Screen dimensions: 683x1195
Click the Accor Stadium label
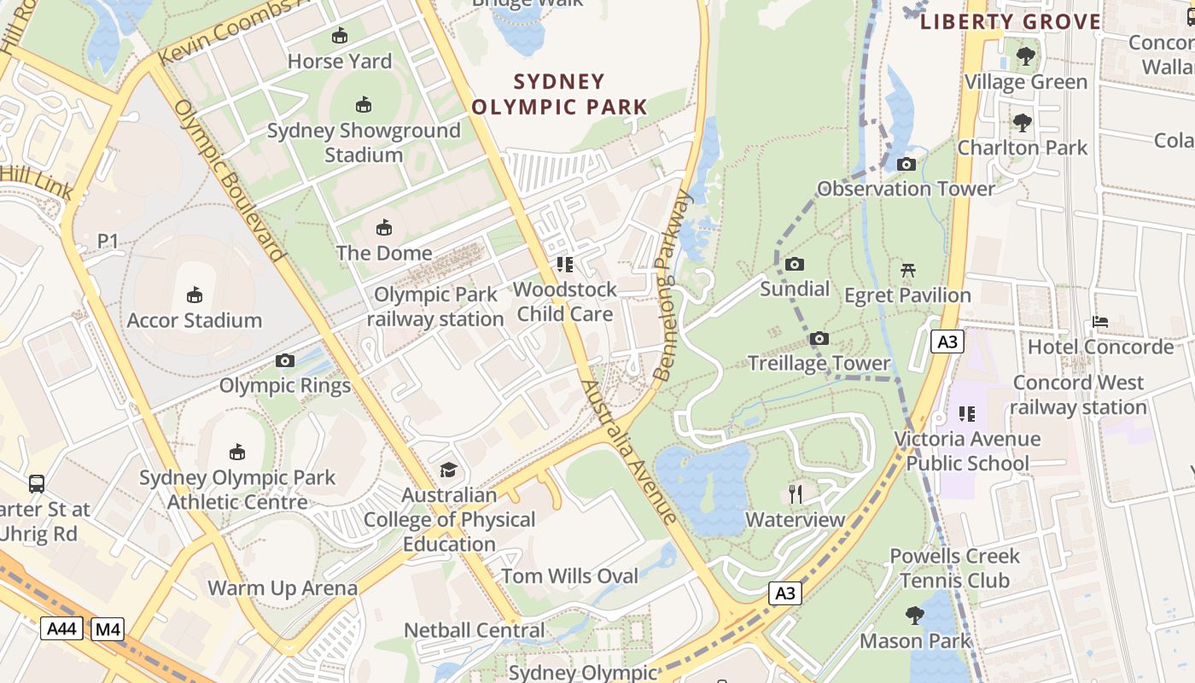(195, 320)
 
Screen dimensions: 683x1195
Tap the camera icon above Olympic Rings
(285, 361)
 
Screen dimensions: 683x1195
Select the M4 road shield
(108, 630)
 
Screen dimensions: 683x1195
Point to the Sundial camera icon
(795, 265)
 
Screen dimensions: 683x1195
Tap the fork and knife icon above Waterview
(796, 494)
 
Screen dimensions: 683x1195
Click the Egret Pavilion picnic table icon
(907, 271)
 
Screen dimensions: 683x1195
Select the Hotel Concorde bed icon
(1100, 323)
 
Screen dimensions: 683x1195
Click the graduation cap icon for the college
(448, 470)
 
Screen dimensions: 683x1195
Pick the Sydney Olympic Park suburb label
(560, 95)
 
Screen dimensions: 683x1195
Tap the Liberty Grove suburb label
(1011, 22)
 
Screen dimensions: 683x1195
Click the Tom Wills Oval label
(569, 576)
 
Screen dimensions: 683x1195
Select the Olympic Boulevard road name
(228, 180)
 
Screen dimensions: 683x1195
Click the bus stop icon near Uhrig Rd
(37, 484)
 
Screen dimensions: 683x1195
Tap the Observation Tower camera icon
(906, 165)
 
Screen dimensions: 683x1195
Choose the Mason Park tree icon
(915, 616)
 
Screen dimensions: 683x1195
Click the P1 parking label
(108, 242)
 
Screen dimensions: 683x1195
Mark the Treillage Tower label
(819, 364)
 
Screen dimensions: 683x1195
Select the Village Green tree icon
(1026, 57)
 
